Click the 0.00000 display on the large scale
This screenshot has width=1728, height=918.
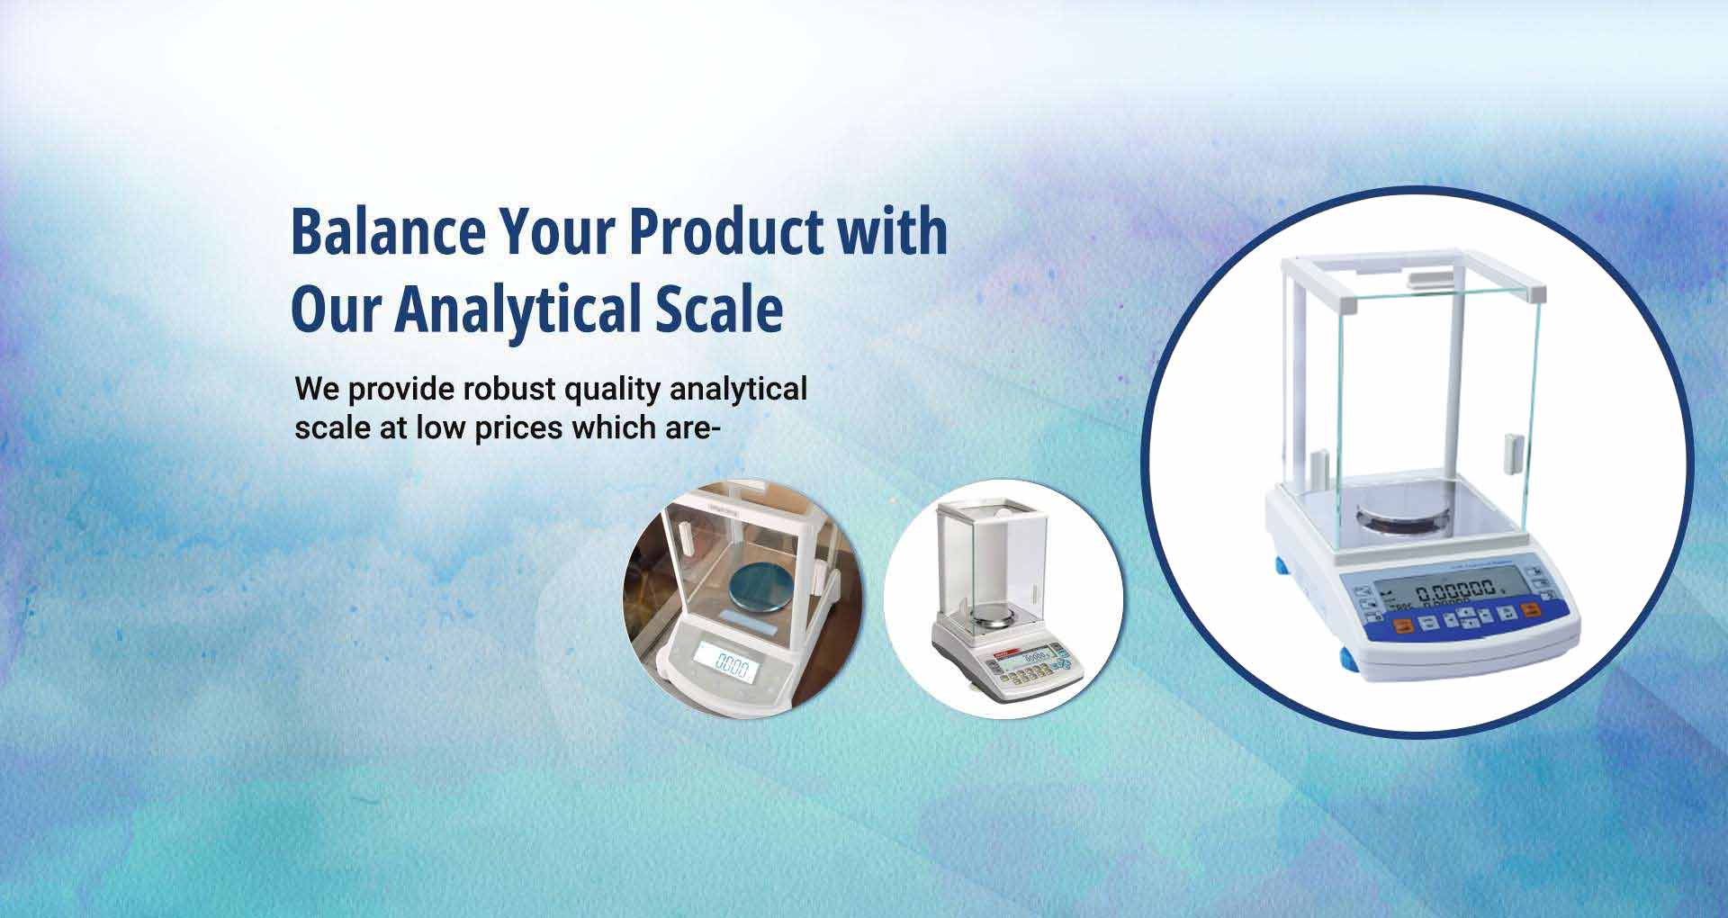pos(1454,593)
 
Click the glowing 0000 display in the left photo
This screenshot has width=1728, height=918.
pos(731,667)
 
